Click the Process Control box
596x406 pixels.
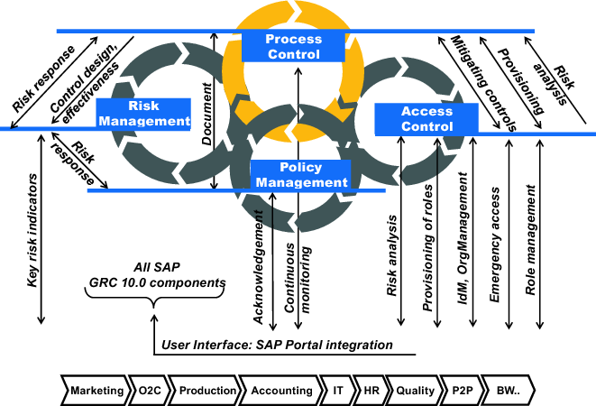click(294, 46)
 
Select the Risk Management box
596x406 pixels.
click(145, 112)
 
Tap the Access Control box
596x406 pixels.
click(414, 118)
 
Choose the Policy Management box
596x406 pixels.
click(300, 174)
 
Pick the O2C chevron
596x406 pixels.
click(147, 391)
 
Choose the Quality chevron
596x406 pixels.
click(412, 391)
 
